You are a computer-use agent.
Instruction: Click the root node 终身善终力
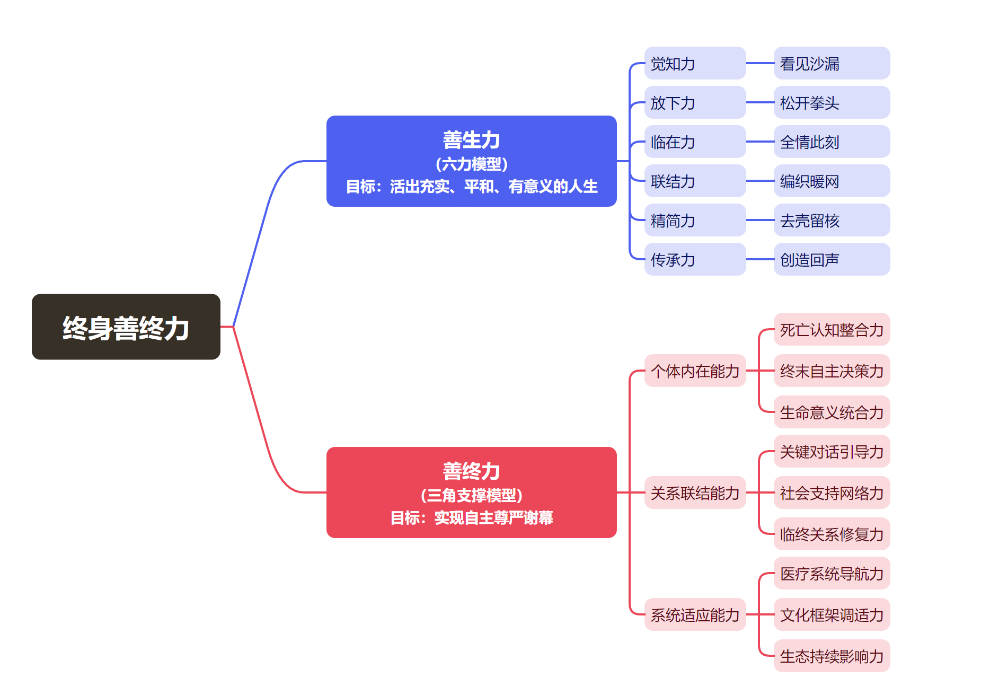[126, 327]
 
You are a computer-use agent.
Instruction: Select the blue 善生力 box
[471, 161]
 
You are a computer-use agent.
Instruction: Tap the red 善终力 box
[471, 492]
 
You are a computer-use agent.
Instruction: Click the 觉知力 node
[694, 64]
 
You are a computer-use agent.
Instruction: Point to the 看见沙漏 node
[831, 64]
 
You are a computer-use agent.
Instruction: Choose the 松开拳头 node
[831, 103]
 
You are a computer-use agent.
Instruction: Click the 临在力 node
[694, 142]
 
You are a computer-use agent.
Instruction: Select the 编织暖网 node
[831, 181]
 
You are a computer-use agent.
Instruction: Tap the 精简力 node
[694, 221]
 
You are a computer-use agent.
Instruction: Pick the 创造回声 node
[831, 260]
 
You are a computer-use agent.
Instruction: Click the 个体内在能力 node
[694, 371]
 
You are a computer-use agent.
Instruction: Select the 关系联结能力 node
[694, 493]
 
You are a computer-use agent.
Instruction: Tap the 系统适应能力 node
[694, 615]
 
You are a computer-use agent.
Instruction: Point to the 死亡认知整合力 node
[831, 330]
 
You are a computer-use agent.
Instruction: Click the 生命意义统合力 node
[831, 412]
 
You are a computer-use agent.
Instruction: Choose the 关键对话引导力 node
[831, 452]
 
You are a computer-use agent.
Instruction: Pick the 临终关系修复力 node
[831, 534]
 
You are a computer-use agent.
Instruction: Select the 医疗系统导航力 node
[831, 574]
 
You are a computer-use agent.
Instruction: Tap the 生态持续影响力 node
[831, 656]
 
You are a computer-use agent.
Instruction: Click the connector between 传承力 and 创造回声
[759, 259]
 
